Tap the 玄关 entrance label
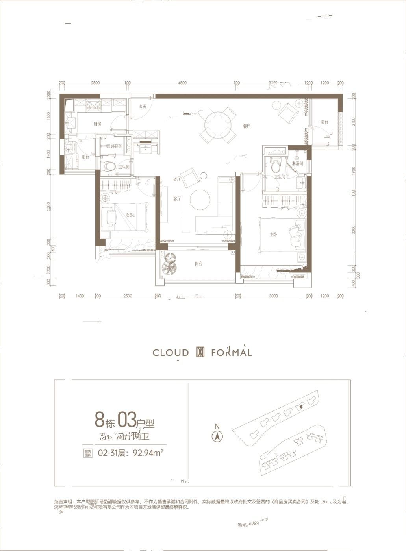pos(143,106)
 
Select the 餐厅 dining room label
pos(247,126)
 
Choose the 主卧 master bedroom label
pos(273,234)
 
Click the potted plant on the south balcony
pos(170,264)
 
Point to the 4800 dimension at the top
pos(182,83)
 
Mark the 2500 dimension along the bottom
pos(128,296)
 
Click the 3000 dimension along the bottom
pos(273,296)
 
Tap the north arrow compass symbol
pos(217,436)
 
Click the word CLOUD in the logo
pos(171,353)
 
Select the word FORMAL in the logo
pos(231,353)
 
